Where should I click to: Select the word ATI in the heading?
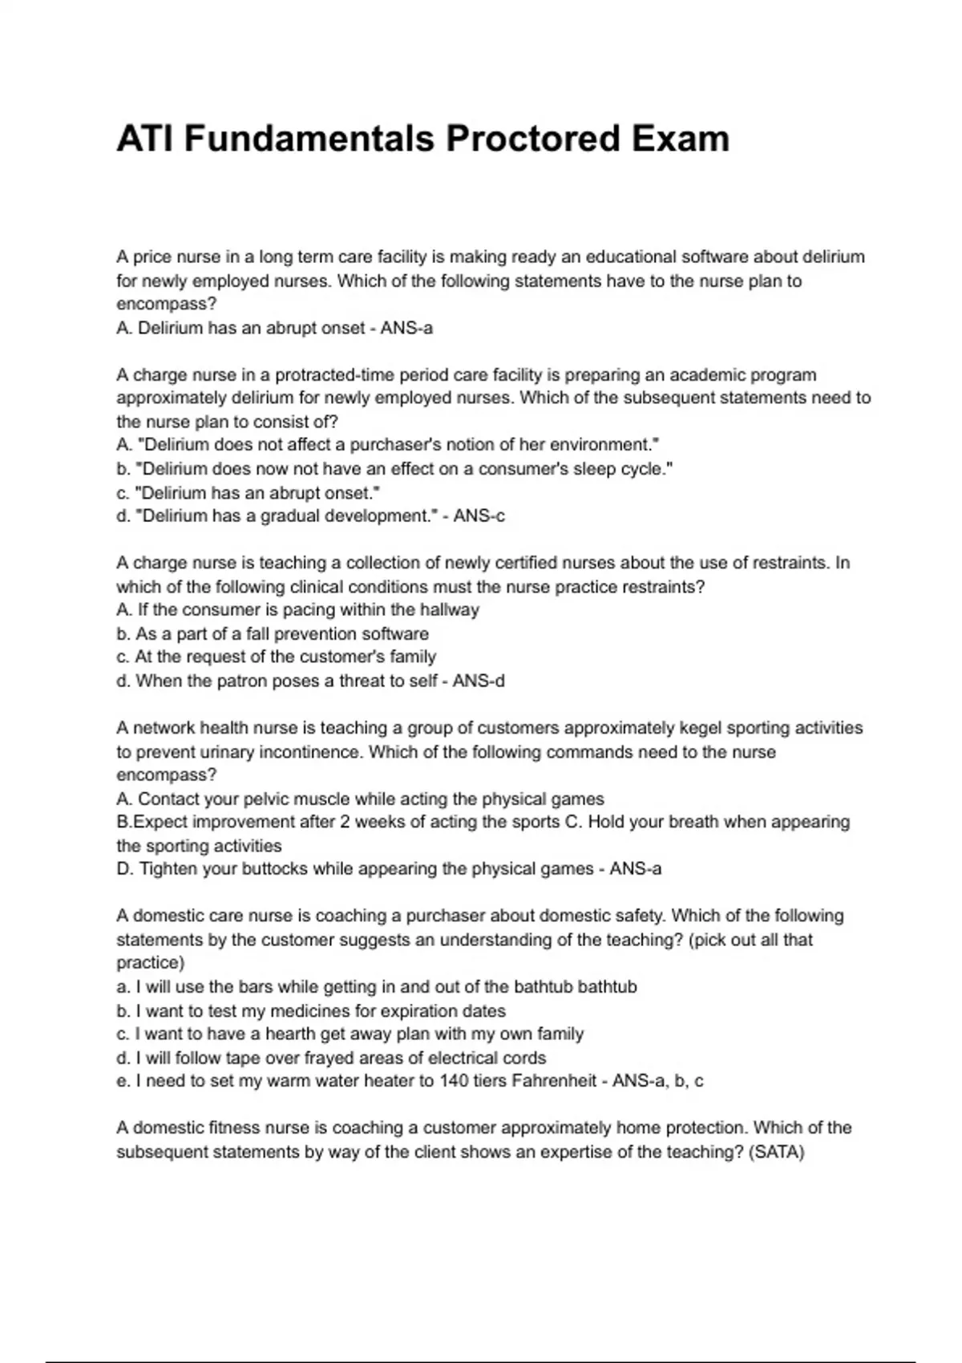(x=144, y=139)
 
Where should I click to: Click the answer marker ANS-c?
(x=479, y=516)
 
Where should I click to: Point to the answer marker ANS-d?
(x=479, y=681)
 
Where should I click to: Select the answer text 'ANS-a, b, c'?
(x=657, y=1081)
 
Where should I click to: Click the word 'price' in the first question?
(x=152, y=257)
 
